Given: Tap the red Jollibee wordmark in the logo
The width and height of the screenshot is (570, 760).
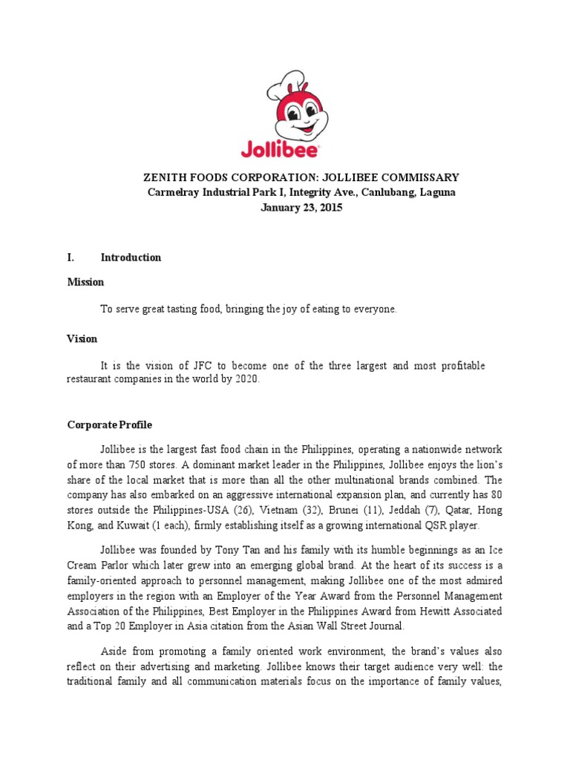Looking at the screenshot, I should click(279, 148).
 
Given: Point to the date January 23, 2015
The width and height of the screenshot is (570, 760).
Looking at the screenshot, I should click(301, 208).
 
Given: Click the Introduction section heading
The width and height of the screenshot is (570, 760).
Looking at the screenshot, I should click(131, 258).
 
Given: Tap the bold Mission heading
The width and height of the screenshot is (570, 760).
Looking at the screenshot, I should click(85, 282).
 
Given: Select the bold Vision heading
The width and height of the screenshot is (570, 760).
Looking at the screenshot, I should click(82, 338).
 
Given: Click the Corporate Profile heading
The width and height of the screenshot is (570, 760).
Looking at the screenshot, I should click(109, 425).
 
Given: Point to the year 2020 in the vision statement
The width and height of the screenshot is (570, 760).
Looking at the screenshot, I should click(246, 379).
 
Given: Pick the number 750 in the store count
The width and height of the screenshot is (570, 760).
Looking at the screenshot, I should click(128, 464).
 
